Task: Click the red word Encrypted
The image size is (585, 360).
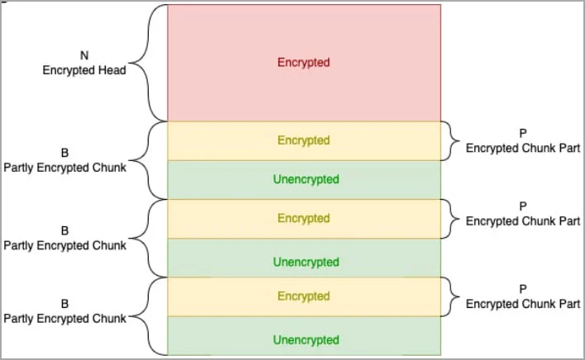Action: (303, 62)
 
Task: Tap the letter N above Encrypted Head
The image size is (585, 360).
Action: (84, 55)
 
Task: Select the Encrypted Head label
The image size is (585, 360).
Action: (84, 70)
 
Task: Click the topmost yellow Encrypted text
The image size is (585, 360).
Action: (303, 140)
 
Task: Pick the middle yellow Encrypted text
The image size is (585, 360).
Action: (303, 218)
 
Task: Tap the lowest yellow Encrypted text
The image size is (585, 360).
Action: (303, 296)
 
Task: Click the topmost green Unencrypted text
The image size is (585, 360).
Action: (306, 179)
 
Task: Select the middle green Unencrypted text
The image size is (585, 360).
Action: (306, 262)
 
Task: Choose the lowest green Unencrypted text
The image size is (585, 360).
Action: (306, 340)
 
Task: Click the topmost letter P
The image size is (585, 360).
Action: (523, 133)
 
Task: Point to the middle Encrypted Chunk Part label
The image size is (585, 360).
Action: (523, 221)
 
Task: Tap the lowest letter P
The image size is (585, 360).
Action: (523, 289)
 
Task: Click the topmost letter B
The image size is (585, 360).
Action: (64, 153)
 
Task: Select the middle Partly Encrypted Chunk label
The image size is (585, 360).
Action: (65, 245)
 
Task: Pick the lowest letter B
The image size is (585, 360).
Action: (64, 304)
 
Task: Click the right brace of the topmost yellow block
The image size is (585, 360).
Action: (450, 141)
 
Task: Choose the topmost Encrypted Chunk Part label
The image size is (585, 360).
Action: (523, 148)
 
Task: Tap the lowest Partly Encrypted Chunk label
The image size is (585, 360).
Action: (65, 319)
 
